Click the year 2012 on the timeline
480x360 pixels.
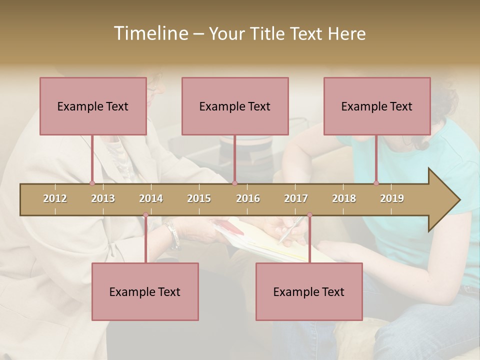pos(55,198)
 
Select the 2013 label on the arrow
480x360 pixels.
pos(103,198)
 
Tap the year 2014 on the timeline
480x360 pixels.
pos(151,198)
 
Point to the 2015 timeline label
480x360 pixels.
pos(199,198)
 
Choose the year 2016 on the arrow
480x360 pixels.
pos(248,198)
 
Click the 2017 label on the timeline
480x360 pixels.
pos(296,198)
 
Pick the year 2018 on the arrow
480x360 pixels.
pos(344,198)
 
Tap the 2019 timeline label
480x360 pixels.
pos(392,198)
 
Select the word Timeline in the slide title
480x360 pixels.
pos(150,33)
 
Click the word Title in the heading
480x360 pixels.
pos(268,34)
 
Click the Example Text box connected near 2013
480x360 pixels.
pos(93,106)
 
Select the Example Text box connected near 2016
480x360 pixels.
pos(235,106)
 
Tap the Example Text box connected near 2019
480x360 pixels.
pos(377,106)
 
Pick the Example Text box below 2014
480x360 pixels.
pos(145,291)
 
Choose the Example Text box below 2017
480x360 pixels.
pos(309,291)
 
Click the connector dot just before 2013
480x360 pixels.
pos(92,183)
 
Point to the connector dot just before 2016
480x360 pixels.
pos(234,183)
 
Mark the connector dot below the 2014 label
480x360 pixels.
pos(145,215)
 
